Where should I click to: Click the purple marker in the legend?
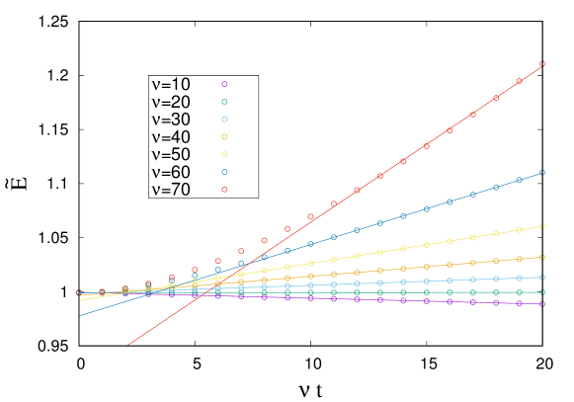point(224,84)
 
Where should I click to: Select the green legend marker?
point(224,102)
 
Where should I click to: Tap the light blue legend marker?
point(224,120)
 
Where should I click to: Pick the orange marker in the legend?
point(224,137)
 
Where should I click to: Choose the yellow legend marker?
point(224,154)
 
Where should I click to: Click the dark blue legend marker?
point(224,172)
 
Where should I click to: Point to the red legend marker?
point(224,190)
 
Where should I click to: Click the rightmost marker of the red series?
point(542,64)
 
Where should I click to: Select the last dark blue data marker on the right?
point(542,172)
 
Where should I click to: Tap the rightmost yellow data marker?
point(542,226)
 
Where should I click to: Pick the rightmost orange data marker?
point(542,257)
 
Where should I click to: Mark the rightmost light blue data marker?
point(542,278)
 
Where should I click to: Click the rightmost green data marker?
point(542,292)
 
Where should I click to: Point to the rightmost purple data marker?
point(542,304)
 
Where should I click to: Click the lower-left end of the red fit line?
point(127,346)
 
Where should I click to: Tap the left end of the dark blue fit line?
point(80,316)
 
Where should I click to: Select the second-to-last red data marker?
point(519,81)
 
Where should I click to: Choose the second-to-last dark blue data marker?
point(519,180)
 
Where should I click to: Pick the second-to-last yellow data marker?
point(519,230)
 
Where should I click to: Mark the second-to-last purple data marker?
point(519,303)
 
